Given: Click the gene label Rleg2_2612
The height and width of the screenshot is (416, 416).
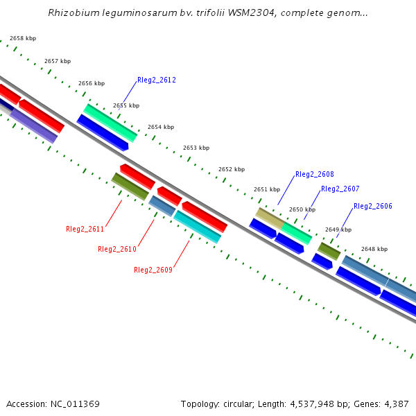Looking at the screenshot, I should (x=157, y=80).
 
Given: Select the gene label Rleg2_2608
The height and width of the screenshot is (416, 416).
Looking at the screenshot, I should (x=315, y=175).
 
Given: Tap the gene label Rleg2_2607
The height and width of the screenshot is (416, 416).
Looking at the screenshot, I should (x=340, y=189).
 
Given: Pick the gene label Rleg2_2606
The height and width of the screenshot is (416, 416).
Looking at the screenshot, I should (x=373, y=207).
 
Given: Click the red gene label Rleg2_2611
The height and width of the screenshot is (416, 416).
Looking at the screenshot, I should (x=85, y=229).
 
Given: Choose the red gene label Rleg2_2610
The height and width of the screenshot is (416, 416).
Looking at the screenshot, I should (x=117, y=250).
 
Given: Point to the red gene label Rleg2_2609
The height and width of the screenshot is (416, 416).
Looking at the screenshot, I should (x=153, y=270).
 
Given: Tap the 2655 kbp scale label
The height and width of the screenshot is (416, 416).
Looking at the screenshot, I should (x=126, y=106).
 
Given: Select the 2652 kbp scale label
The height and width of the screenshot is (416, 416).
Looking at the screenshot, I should (x=232, y=170).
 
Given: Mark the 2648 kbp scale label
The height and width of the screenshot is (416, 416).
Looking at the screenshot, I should (x=374, y=249).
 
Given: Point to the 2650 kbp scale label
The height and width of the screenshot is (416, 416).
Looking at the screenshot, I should (x=302, y=209).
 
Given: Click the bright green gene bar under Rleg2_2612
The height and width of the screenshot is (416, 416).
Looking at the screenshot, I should (x=110, y=122).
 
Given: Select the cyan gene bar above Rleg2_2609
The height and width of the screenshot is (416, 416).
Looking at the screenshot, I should (x=197, y=227).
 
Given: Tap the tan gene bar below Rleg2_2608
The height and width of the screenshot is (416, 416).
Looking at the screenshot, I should (x=269, y=218).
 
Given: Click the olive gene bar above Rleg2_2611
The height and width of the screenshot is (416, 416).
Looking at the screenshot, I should (x=130, y=187).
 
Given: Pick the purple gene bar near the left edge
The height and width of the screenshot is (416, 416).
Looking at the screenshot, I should (x=33, y=126).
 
